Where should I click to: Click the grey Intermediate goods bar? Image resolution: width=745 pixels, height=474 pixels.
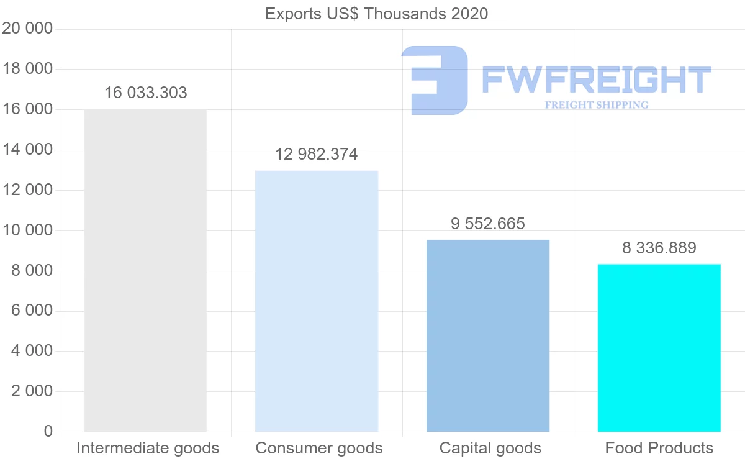point(145,270)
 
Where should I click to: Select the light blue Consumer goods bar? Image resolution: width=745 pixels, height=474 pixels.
point(317,301)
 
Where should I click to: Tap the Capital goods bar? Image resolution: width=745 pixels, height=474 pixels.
point(488,335)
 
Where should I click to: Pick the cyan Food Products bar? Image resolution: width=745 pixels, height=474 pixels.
point(659,348)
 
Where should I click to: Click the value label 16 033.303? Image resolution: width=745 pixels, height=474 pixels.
point(145,93)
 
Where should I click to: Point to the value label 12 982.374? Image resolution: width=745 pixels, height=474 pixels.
point(317,154)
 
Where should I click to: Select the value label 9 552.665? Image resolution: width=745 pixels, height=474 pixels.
point(488,224)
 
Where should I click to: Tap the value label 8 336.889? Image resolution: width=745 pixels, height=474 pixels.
point(659,248)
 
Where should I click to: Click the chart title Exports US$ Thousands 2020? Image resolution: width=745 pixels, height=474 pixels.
point(376,14)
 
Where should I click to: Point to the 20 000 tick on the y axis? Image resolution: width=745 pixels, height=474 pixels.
point(27,29)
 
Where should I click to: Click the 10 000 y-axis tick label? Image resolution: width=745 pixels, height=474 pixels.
point(27,230)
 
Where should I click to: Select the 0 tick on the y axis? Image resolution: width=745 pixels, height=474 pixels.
point(48,432)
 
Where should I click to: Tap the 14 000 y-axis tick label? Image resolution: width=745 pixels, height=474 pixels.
point(27,150)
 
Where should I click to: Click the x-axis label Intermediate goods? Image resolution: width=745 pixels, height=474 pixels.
point(148,448)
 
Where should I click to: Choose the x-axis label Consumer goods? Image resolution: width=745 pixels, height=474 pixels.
point(319,448)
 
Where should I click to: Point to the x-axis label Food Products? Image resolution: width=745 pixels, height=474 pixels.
point(659,448)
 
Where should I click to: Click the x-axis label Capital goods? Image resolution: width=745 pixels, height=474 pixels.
point(490,448)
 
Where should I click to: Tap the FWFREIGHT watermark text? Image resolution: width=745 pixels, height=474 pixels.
point(596,80)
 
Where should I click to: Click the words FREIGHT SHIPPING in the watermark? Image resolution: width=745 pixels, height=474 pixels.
point(597,105)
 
